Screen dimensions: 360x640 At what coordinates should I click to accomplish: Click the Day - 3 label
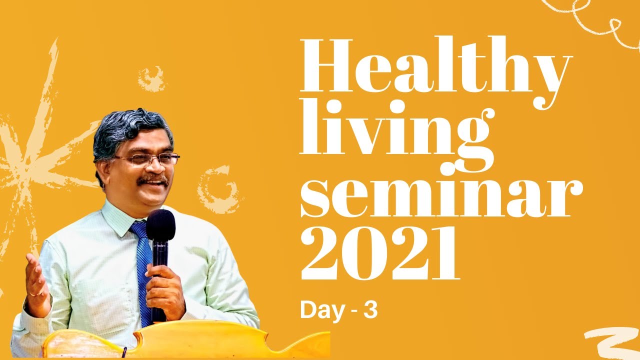[x=338, y=310]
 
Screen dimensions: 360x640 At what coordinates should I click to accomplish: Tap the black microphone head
[x=160, y=225]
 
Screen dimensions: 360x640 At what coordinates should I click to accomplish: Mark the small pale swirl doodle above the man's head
[x=151, y=78]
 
